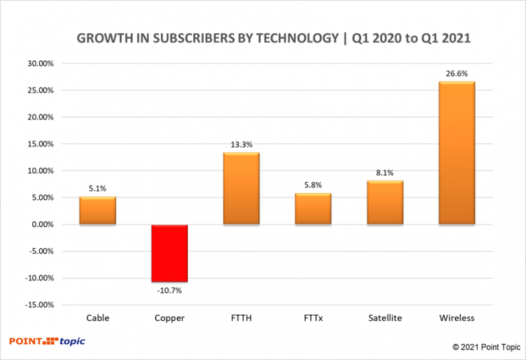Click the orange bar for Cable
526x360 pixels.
click(97, 211)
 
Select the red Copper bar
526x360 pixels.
click(169, 253)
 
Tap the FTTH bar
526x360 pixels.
click(241, 188)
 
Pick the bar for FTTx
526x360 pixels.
click(313, 209)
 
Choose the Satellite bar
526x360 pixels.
click(385, 203)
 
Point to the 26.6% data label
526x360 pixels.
click(457, 74)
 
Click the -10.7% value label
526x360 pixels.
click(169, 291)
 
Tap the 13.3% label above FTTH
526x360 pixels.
click(241, 144)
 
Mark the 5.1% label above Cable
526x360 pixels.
click(97, 189)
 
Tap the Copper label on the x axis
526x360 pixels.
click(169, 318)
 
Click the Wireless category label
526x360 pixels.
click(457, 318)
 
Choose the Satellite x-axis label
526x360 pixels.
click(385, 318)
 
